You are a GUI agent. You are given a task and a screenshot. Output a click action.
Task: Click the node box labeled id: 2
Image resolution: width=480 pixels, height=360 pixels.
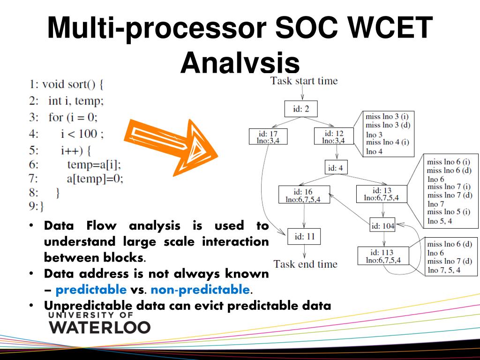point(301,109)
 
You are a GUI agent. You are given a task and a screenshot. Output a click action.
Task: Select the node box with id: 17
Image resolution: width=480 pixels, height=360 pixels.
point(268,137)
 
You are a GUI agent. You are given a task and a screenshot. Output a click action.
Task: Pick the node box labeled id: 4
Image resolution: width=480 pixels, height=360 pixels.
point(337,167)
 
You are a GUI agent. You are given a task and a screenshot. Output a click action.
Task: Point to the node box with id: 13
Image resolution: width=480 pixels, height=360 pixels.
point(382,194)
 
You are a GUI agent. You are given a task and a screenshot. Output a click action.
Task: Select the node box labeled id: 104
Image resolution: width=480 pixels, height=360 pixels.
point(382,225)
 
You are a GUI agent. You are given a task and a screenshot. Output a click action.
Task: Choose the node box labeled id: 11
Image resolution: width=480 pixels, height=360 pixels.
point(304,237)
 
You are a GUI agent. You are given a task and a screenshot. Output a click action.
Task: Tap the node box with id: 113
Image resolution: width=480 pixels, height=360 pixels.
point(383,256)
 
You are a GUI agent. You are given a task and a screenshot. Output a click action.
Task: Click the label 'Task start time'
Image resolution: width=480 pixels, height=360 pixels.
point(304,81)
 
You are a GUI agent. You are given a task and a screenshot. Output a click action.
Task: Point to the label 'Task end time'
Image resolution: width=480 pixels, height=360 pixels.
point(305,264)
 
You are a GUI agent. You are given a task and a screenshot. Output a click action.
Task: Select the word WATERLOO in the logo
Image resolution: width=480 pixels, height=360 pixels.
point(100,327)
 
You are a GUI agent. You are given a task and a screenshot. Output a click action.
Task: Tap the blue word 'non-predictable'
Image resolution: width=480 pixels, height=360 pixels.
point(200,290)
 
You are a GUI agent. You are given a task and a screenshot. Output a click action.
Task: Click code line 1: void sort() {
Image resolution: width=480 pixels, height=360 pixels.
point(66,84)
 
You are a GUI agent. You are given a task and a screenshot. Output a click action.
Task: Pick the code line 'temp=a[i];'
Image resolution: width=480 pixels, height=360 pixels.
point(94,164)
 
